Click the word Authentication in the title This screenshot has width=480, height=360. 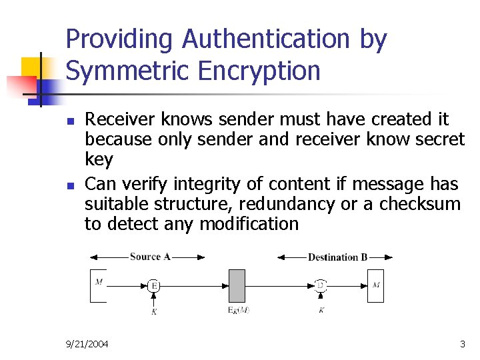(x=265, y=40)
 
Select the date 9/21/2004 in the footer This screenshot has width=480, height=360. (x=87, y=344)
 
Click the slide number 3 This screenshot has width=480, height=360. (x=463, y=344)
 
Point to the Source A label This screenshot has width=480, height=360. (x=149, y=257)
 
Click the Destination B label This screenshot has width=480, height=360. (x=337, y=257)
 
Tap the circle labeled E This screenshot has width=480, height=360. (x=154, y=286)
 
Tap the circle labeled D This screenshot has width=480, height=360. (x=321, y=286)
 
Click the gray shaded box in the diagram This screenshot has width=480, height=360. (x=237, y=286)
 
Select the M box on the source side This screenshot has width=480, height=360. (x=99, y=285)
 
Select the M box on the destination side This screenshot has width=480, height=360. (x=376, y=285)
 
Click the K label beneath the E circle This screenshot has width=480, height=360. (x=154, y=311)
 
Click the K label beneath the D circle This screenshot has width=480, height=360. (x=321, y=311)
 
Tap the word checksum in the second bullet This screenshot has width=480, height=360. (x=420, y=204)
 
